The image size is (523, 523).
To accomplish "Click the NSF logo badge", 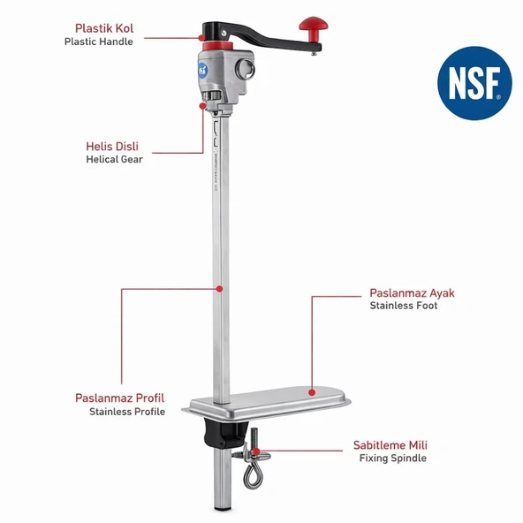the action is (x=474, y=83).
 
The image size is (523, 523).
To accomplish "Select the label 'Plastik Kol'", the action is (x=104, y=28).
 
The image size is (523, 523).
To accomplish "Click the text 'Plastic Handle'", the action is (x=99, y=42).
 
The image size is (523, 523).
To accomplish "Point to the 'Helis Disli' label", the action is (x=112, y=146).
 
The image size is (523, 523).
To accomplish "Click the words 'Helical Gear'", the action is (x=115, y=159).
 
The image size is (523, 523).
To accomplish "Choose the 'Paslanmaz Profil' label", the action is (x=120, y=398).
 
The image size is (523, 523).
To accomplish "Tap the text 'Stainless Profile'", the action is (x=127, y=412).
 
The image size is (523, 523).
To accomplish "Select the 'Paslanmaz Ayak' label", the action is (x=412, y=292).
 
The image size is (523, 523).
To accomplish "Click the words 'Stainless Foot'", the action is (x=403, y=306).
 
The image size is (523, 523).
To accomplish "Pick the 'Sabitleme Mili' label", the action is (x=390, y=445).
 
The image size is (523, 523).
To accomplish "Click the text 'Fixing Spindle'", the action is (x=393, y=458).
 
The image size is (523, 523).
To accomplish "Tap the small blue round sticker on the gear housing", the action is (x=203, y=71).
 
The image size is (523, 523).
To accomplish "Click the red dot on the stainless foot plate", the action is (x=312, y=392).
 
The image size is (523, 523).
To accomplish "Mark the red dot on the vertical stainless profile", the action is (x=219, y=289).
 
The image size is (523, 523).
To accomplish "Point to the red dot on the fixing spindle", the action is (x=256, y=451).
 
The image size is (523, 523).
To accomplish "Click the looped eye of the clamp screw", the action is (x=253, y=476).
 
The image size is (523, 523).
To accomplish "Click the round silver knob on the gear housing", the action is (x=246, y=70).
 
